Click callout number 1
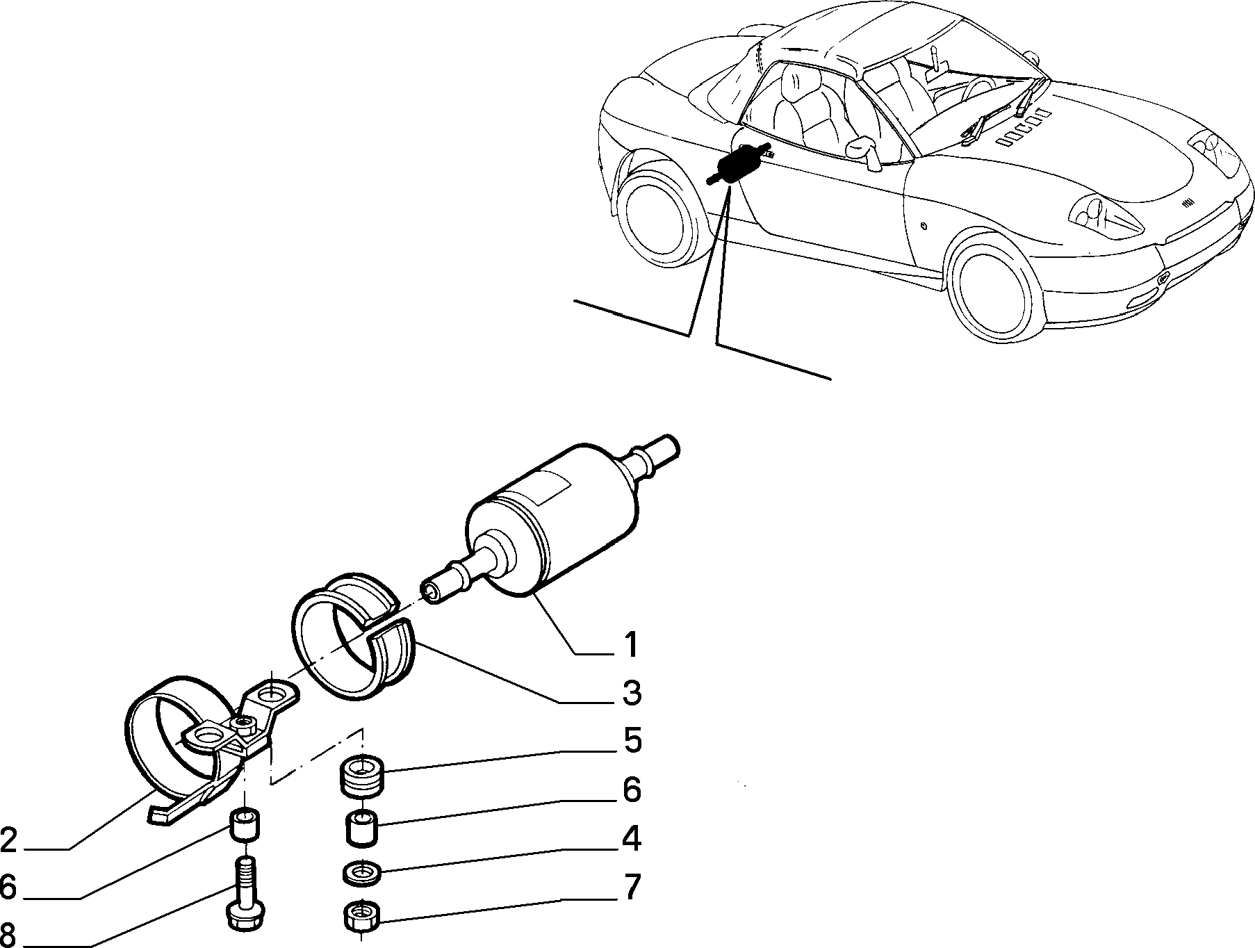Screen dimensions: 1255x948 [630, 645]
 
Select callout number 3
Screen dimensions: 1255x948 [631, 694]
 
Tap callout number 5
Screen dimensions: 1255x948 [632, 741]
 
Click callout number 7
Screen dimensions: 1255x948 [631, 888]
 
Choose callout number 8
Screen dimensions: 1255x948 [8, 933]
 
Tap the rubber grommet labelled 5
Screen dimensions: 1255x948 [362, 776]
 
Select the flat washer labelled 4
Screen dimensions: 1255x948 [363, 873]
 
